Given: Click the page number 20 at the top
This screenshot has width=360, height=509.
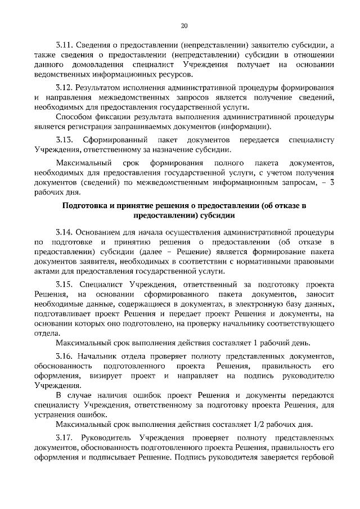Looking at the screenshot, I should [x=184, y=25].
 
